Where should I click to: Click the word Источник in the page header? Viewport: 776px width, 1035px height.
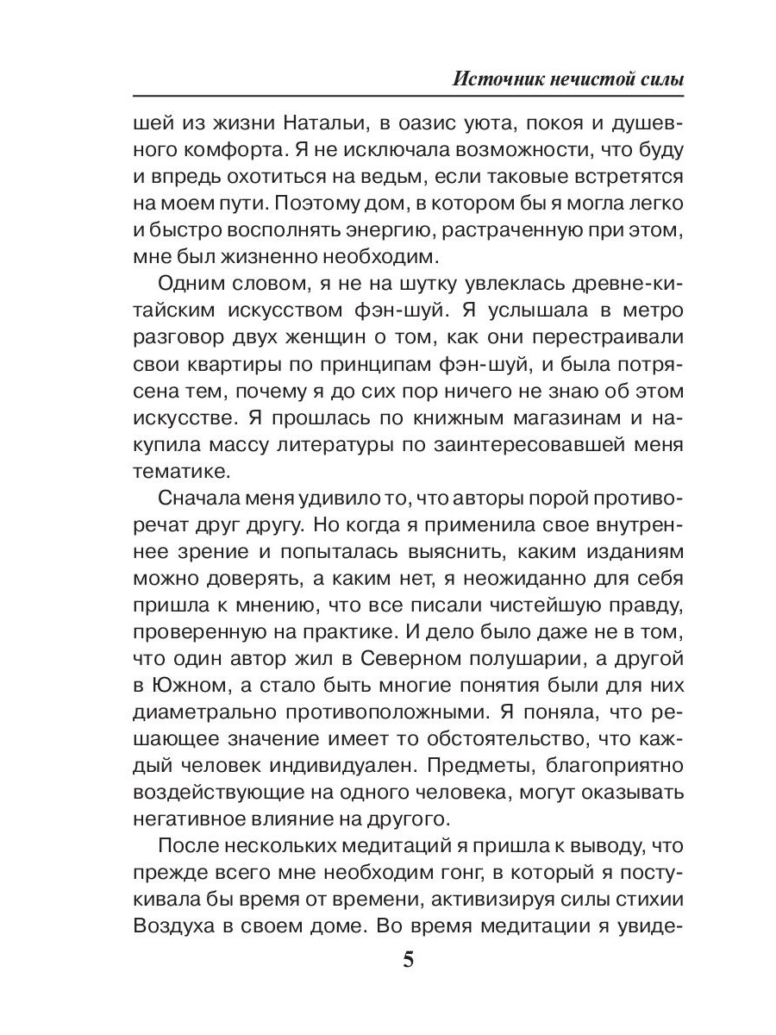point(495,80)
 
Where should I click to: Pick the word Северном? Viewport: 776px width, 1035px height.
point(398,659)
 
